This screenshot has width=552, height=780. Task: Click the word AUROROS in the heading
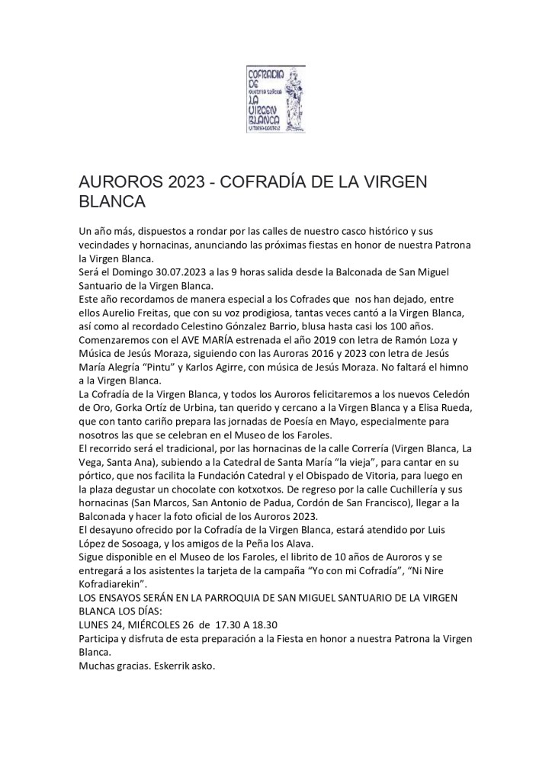122,184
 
